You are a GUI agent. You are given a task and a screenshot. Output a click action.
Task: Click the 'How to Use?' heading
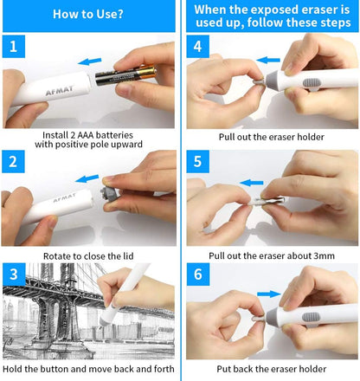click(x=87, y=15)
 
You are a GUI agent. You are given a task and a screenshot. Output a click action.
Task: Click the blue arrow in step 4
click(x=269, y=61)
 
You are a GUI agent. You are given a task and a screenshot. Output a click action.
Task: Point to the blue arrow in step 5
click(x=253, y=184)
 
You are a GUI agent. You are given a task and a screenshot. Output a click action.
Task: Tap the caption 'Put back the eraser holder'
click(x=271, y=369)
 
